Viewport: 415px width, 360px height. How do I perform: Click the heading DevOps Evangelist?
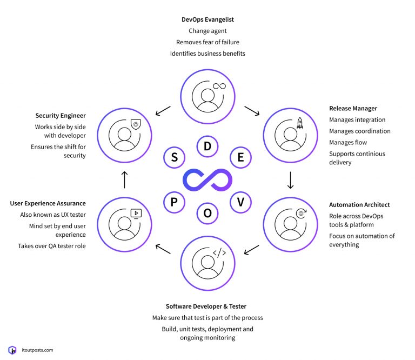(x=207, y=19)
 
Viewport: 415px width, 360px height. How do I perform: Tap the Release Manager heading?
(x=353, y=108)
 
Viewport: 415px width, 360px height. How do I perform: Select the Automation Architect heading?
(x=359, y=205)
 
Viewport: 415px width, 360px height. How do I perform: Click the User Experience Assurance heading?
(x=48, y=203)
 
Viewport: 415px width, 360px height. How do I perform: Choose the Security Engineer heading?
(x=61, y=116)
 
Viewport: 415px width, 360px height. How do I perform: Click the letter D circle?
(x=207, y=146)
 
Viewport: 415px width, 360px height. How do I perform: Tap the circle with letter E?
(x=240, y=157)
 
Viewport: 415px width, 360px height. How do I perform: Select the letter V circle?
(x=240, y=202)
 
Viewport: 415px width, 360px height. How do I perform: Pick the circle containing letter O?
(x=207, y=213)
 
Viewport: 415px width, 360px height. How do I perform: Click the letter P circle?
(x=174, y=202)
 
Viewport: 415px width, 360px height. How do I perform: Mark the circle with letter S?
(x=174, y=157)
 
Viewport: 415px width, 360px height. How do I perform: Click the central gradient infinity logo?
(x=207, y=179)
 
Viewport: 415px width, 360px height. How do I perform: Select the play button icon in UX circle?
(x=136, y=213)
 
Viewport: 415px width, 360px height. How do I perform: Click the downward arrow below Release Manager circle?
(x=290, y=179)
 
